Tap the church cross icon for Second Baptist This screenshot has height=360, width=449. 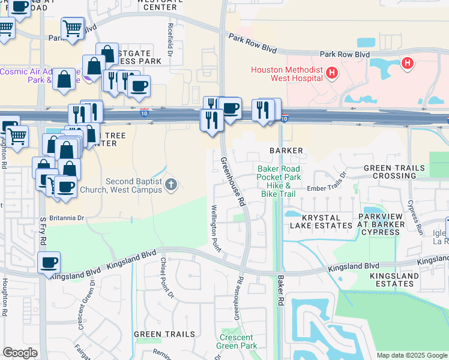pos(171,184)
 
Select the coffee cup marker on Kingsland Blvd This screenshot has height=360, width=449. pos(49,263)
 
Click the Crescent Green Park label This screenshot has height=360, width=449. pos(238,341)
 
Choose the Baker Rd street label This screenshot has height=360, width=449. pos(280,290)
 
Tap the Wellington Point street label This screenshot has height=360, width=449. pos(215,228)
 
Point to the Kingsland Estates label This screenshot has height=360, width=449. pos(394,279)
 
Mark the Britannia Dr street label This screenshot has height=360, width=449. pos(67,217)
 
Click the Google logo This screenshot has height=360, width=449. pos(20,353)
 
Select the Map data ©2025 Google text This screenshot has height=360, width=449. pos(412,355)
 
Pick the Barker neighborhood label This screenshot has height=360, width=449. pos(286,151)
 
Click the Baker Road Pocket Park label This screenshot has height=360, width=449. pos(279,173)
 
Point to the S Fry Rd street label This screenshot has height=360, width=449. pos(43,230)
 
